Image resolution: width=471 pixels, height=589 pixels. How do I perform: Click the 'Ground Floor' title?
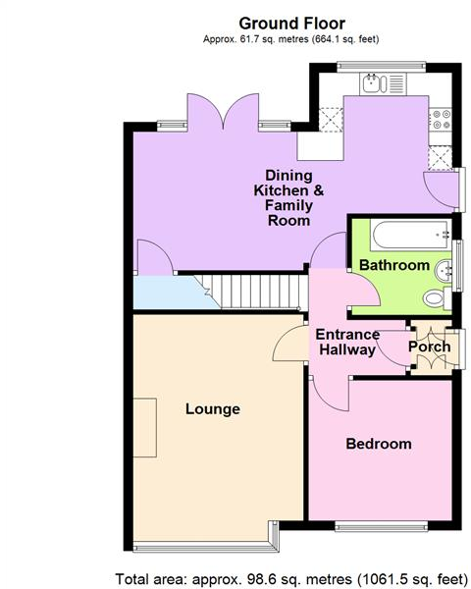coord(292,22)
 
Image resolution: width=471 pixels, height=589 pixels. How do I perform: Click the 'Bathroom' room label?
coord(393,265)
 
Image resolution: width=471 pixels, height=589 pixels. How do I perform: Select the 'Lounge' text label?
coord(213,408)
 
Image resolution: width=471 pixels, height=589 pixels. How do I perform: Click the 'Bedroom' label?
coord(379,444)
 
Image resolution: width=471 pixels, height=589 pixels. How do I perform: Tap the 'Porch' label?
coord(430,347)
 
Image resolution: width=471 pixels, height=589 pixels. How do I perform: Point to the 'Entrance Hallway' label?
coord(346,343)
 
